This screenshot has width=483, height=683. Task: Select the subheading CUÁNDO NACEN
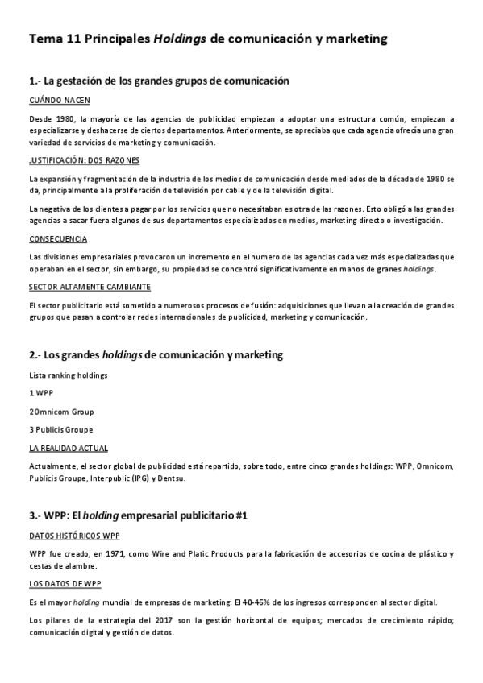tap(59, 101)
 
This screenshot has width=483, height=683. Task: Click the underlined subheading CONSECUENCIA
tap(58, 239)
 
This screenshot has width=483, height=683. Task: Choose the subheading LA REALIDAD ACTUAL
tap(68, 448)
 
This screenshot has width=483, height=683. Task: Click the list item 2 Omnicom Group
tap(60, 411)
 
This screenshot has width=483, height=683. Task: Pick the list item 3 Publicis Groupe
tap(60, 429)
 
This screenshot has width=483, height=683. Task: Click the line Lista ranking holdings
tap(68, 375)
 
